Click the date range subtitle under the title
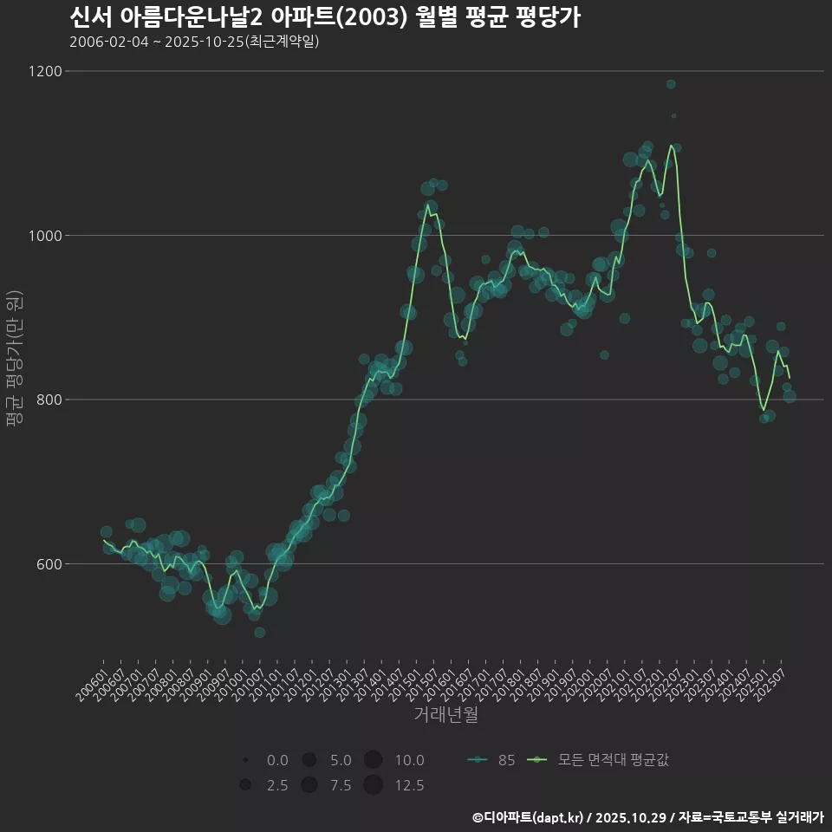coord(194,42)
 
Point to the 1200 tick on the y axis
coord(45,71)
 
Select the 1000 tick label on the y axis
coord(45,236)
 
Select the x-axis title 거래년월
coord(446,714)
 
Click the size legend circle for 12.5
coord(374,785)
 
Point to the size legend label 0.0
coord(277,760)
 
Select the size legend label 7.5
coord(341,785)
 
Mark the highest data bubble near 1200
coord(671,84)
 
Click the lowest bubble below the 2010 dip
coord(259,633)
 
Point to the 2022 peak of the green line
coord(671,146)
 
